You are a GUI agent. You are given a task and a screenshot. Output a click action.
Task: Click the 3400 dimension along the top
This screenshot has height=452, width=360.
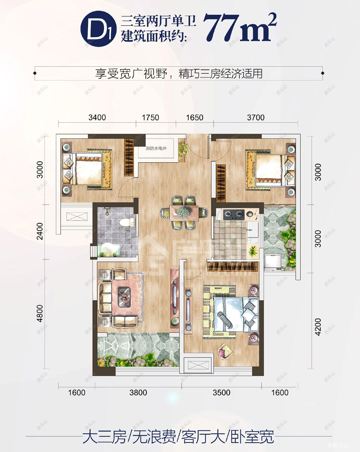(97, 117)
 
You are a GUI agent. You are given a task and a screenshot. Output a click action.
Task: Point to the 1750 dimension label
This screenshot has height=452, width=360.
(150, 117)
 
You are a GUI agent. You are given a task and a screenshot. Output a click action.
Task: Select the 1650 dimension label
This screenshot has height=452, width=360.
(195, 117)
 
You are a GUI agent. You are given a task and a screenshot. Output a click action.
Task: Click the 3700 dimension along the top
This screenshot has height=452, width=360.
(256, 117)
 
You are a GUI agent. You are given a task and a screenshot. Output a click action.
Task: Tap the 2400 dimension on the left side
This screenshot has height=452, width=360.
(40, 231)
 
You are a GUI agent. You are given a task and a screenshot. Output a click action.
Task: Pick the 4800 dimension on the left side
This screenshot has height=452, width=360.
(40, 314)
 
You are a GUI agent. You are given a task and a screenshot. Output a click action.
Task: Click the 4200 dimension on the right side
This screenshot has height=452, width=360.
(318, 327)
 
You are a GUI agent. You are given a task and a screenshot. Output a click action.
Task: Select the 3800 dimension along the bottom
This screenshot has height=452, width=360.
(138, 392)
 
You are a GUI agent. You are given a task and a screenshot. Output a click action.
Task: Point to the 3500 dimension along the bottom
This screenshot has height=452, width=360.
(221, 392)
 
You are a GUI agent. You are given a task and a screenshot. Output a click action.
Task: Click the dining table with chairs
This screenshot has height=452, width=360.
(184, 212)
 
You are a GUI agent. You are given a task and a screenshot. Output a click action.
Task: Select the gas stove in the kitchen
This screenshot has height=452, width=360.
(234, 215)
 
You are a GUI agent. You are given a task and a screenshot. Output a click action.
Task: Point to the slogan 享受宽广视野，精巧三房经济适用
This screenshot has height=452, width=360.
(179, 73)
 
